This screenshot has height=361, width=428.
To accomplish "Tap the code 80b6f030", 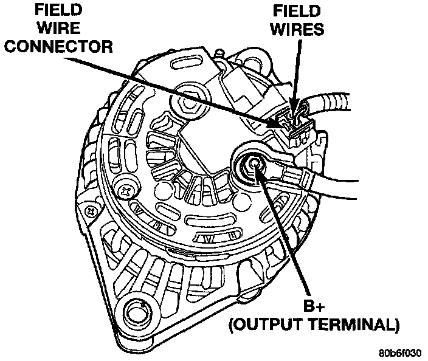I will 401,352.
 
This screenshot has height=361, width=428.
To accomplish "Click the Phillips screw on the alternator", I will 128,190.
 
